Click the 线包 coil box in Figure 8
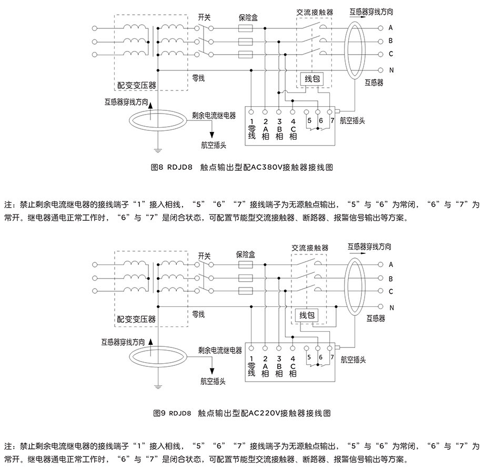312,79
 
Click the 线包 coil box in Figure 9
307,315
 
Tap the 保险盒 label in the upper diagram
248,17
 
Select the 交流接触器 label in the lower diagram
310,248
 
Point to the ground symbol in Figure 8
158,151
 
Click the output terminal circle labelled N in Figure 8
380,70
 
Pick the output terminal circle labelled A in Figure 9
380,264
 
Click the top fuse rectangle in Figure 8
246,28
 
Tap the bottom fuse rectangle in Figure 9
246,291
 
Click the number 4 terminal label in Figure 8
293,121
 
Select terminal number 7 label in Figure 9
332,357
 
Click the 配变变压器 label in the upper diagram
137,85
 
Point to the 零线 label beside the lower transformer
198,314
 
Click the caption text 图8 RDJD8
172,167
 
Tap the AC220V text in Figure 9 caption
264,413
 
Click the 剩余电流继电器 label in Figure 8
214,116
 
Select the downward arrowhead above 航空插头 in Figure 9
212,371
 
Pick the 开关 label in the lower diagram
204,256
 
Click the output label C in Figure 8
391,54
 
